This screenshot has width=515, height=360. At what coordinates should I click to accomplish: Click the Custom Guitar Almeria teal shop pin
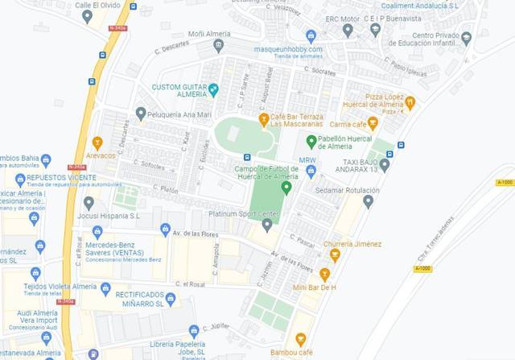click(213, 90)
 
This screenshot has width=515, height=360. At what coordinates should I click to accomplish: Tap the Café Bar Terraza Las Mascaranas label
click(296, 121)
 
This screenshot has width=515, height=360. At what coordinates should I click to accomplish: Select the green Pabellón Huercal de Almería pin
click(311, 142)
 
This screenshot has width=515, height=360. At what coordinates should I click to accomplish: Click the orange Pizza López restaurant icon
click(410, 102)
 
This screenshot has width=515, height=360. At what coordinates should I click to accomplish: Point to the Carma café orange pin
click(373, 124)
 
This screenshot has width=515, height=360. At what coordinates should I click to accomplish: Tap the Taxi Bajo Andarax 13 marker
click(385, 165)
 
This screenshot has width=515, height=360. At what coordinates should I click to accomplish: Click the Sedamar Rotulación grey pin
click(368, 201)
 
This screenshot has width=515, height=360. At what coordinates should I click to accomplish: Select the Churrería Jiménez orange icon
click(335, 255)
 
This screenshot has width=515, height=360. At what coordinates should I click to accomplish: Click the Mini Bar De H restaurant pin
click(324, 275)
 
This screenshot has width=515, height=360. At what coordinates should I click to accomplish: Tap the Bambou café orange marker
click(301, 340)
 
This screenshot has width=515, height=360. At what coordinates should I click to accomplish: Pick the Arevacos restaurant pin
click(97, 143)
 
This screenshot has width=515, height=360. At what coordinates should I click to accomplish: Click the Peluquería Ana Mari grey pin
click(142, 114)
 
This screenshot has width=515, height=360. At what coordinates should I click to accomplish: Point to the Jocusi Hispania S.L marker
click(89, 203)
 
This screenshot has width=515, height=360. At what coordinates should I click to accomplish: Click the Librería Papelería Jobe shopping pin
click(194, 331)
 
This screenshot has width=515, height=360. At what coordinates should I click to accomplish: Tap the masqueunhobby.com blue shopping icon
click(311, 35)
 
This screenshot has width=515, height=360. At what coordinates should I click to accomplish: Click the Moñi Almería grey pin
click(219, 45)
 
